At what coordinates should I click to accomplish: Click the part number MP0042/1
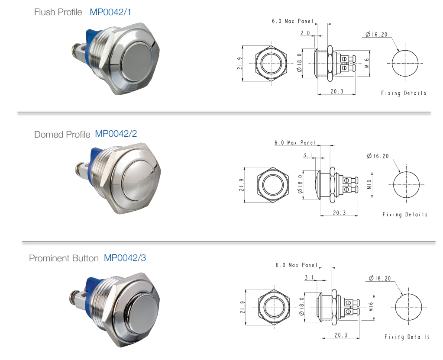[110, 12]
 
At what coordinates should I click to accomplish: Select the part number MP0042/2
[116, 134]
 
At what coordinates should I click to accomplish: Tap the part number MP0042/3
[125, 258]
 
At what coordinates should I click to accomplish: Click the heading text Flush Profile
[58, 12]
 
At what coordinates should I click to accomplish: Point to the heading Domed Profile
[62, 134]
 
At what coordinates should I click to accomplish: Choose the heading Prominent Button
[64, 258]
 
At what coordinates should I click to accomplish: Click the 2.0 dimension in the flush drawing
[305, 32]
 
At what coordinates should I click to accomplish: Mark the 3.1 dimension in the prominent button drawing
[309, 277]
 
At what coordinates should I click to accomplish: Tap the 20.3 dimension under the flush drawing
[336, 91]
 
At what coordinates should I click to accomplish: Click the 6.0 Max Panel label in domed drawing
[295, 143]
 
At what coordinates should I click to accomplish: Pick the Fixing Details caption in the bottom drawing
[407, 337]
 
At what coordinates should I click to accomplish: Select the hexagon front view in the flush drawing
[271, 63]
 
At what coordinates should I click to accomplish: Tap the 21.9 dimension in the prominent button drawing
[242, 307]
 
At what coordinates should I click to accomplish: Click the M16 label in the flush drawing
[366, 64]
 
